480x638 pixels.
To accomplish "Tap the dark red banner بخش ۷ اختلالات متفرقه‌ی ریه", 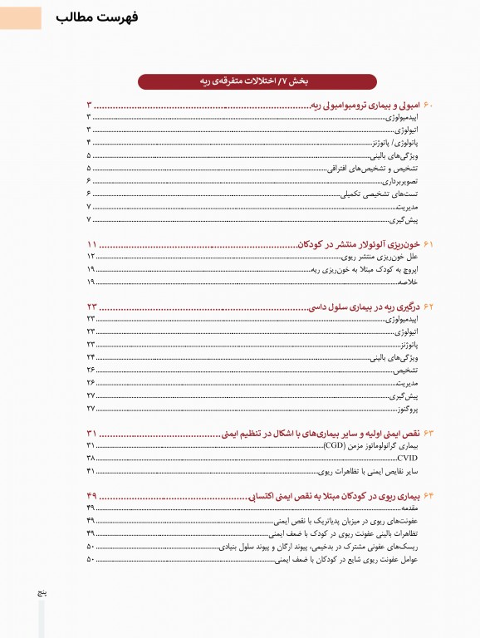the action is [x=257, y=81].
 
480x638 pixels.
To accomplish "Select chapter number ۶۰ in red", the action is [x=429, y=106].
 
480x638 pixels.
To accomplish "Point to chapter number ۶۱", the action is [x=429, y=245].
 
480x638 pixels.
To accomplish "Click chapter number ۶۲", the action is [x=429, y=307].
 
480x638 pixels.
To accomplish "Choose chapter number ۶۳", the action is [x=429, y=434].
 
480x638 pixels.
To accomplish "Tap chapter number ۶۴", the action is [x=429, y=495].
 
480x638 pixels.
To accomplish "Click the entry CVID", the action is [x=407, y=459].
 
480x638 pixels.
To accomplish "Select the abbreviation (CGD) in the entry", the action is [x=335, y=446].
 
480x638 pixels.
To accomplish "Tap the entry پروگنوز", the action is [x=406, y=409].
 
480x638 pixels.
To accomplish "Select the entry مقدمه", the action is [x=408, y=508].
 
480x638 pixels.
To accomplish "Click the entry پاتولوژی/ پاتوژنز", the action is [x=390, y=143].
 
